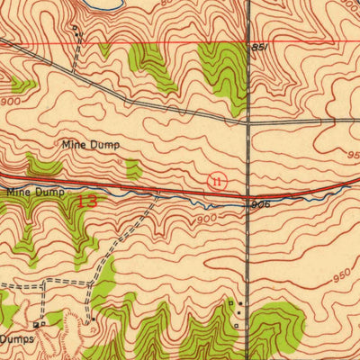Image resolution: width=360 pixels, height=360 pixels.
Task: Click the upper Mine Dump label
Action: click(90, 144)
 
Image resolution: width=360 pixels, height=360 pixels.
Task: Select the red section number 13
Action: click(87, 202)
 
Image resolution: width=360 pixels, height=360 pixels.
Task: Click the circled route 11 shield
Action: click(216, 181)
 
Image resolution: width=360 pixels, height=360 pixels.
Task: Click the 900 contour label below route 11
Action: click(206, 219)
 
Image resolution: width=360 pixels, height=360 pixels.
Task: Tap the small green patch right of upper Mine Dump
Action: click(134, 168)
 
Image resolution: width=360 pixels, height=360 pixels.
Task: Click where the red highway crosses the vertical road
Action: click(248, 194)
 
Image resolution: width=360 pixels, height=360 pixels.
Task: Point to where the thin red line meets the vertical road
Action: click(248, 43)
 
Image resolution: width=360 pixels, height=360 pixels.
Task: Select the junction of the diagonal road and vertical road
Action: click(248, 121)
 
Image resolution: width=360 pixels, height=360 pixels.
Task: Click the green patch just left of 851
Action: click(221, 72)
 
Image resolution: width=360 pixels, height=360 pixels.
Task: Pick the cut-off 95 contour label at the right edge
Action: click(352, 155)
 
